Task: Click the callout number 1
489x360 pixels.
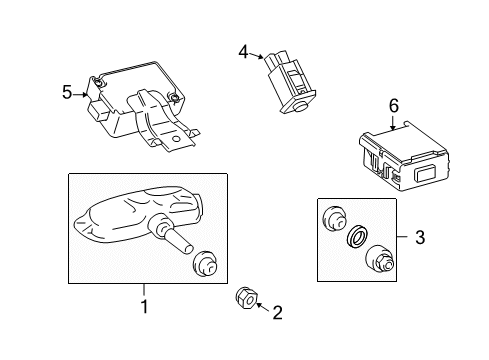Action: point(144,306)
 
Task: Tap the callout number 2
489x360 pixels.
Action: point(277,313)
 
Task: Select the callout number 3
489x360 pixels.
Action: point(420,237)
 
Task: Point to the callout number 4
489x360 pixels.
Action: point(243,52)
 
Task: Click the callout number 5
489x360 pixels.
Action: point(67,92)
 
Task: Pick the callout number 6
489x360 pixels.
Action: point(394,106)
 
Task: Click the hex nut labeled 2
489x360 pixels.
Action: point(246,297)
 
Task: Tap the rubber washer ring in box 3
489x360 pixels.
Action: point(356,237)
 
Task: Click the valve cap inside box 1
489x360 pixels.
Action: point(205,264)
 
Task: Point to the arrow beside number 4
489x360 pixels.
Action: point(257,56)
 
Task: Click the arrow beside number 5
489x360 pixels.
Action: point(81,95)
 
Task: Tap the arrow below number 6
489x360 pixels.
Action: point(393,123)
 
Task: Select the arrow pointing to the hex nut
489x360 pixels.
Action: point(263,307)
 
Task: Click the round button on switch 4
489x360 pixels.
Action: point(302,106)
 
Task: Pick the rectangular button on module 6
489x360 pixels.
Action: point(425,173)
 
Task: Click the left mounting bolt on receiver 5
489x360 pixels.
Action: point(98,82)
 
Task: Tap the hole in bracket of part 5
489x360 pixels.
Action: point(176,139)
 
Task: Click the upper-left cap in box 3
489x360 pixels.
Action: point(334,219)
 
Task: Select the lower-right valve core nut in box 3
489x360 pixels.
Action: point(381,260)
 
